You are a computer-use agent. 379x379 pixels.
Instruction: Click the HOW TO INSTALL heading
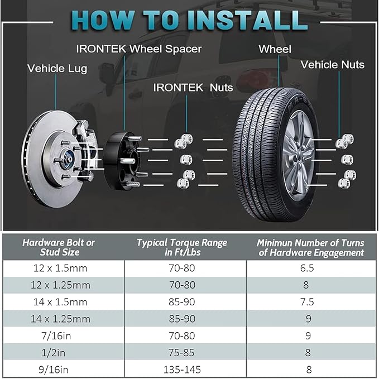coord(190,21)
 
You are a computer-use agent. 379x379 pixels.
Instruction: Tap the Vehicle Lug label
coord(57,69)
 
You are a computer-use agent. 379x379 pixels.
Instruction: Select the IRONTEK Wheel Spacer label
coord(139,49)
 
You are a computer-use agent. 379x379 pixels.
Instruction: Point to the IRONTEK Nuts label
coord(193,88)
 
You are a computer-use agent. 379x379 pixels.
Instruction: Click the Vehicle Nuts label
coord(332,65)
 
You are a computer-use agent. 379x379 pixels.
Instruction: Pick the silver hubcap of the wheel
coord(298,156)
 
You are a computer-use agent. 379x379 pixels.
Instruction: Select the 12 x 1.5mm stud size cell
coord(60,268)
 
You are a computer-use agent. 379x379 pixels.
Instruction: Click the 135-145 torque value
coord(182,370)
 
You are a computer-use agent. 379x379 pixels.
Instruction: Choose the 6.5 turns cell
coord(307,268)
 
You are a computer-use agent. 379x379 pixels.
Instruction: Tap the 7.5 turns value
coord(307,302)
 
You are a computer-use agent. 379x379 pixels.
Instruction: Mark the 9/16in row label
coord(54,370)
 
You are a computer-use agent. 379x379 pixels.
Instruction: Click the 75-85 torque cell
coord(181,353)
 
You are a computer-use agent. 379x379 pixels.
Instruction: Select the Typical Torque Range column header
coord(182,247)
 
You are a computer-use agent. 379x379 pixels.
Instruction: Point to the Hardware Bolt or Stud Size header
coord(59,247)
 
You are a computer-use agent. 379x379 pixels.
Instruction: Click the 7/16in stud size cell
coord(56,336)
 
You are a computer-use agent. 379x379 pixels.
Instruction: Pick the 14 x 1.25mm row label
coord(60,319)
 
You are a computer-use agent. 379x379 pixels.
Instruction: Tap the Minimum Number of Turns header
coord(310,247)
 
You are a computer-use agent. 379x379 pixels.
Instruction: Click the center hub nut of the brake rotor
coord(69,160)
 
